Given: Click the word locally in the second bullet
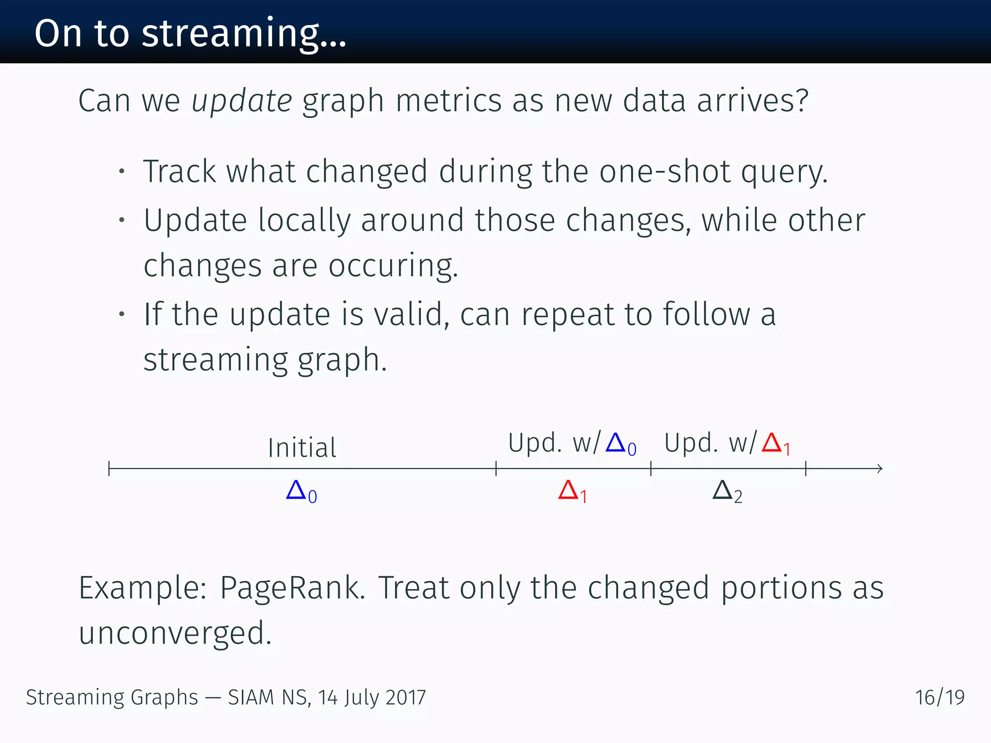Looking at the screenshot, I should pyautogui.click(x=304, y=221).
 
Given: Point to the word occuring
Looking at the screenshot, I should pyautogui.click(x=392, y=266).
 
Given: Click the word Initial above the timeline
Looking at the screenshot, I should pyautogui.click(x=302, y=447).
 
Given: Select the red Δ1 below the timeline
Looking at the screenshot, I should pyautogui.click(x=572, y=491).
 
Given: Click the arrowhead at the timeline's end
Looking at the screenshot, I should pyautogui.click(x=880, y=468).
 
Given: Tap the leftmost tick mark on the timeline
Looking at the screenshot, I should pyautogui.click(x=109, y=468).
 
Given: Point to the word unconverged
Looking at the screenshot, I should pyautogui.click(x=175, y=633).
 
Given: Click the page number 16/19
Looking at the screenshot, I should pyautogui.click(x=939, y=698).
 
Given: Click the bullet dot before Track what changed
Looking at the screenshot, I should pyautogui.click(x=122, y=171).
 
